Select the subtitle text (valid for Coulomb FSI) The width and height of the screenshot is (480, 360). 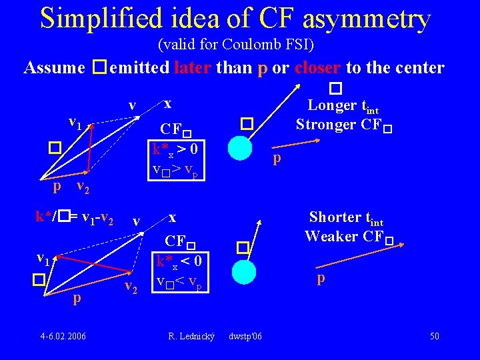[236, 45]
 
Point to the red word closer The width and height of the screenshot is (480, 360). [317, 67]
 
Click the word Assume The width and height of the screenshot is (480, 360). [54, 67]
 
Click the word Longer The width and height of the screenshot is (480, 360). [331, 105]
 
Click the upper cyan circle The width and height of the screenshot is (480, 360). [240, 148]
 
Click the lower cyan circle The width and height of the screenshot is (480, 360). [245, 271]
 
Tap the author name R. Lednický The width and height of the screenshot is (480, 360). [192, 336]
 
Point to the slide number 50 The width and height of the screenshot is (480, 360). [434, 336]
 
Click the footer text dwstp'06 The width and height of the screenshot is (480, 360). [245, 336]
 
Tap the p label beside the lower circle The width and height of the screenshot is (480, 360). [321, 279]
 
